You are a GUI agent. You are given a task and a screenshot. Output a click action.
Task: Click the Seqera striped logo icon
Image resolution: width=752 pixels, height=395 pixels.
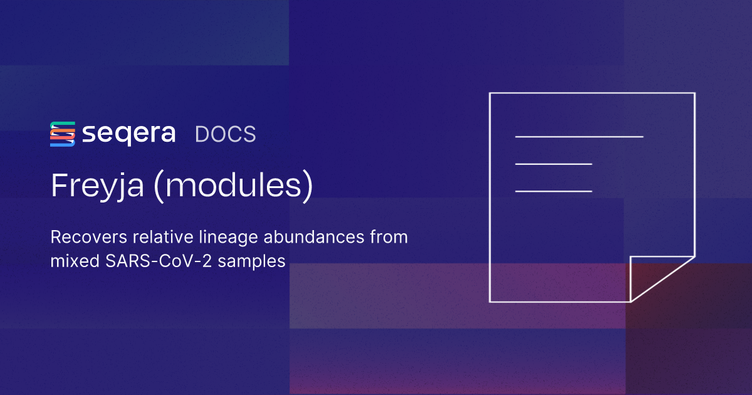tap(63, 134)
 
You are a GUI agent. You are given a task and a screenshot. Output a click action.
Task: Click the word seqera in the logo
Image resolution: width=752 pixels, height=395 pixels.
tap(128, 135)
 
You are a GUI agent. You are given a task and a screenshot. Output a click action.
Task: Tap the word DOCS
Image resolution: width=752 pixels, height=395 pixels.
tap(225, 134)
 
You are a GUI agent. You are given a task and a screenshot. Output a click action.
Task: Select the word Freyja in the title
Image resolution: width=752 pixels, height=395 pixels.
tap(97, 186)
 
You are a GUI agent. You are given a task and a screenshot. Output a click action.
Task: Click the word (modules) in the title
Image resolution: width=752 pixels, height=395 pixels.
tap(233, 186)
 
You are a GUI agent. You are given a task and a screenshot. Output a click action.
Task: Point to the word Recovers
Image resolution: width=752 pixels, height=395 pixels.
tap(88, 237)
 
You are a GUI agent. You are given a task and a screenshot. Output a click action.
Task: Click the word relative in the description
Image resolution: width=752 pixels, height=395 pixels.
tap(163, 237)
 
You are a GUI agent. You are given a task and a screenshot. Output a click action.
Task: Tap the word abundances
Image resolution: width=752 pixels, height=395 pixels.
tap(314, 237)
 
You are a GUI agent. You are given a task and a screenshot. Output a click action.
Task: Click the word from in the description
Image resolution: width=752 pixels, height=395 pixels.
tap(389, 237)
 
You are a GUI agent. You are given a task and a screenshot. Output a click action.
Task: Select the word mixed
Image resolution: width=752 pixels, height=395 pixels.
tap(75, 261)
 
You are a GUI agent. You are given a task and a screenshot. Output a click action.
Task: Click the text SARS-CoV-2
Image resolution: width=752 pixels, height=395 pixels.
tap(159, 261)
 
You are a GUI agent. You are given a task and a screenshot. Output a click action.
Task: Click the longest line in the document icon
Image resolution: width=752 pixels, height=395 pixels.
tap(579, 137)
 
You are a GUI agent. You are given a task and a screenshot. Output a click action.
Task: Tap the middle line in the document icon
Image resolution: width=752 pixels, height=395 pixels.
tap(553, 164)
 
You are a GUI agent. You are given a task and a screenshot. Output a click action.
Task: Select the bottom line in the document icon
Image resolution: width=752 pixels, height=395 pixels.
tap(553, 191)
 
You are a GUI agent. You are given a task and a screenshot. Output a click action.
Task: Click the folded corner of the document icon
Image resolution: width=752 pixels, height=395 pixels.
tap(631, 279)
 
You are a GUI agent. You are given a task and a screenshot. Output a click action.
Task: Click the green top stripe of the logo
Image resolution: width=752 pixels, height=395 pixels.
tap(63, 124)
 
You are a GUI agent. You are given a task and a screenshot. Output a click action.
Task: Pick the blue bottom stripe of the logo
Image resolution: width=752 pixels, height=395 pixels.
tap(63, 144)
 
